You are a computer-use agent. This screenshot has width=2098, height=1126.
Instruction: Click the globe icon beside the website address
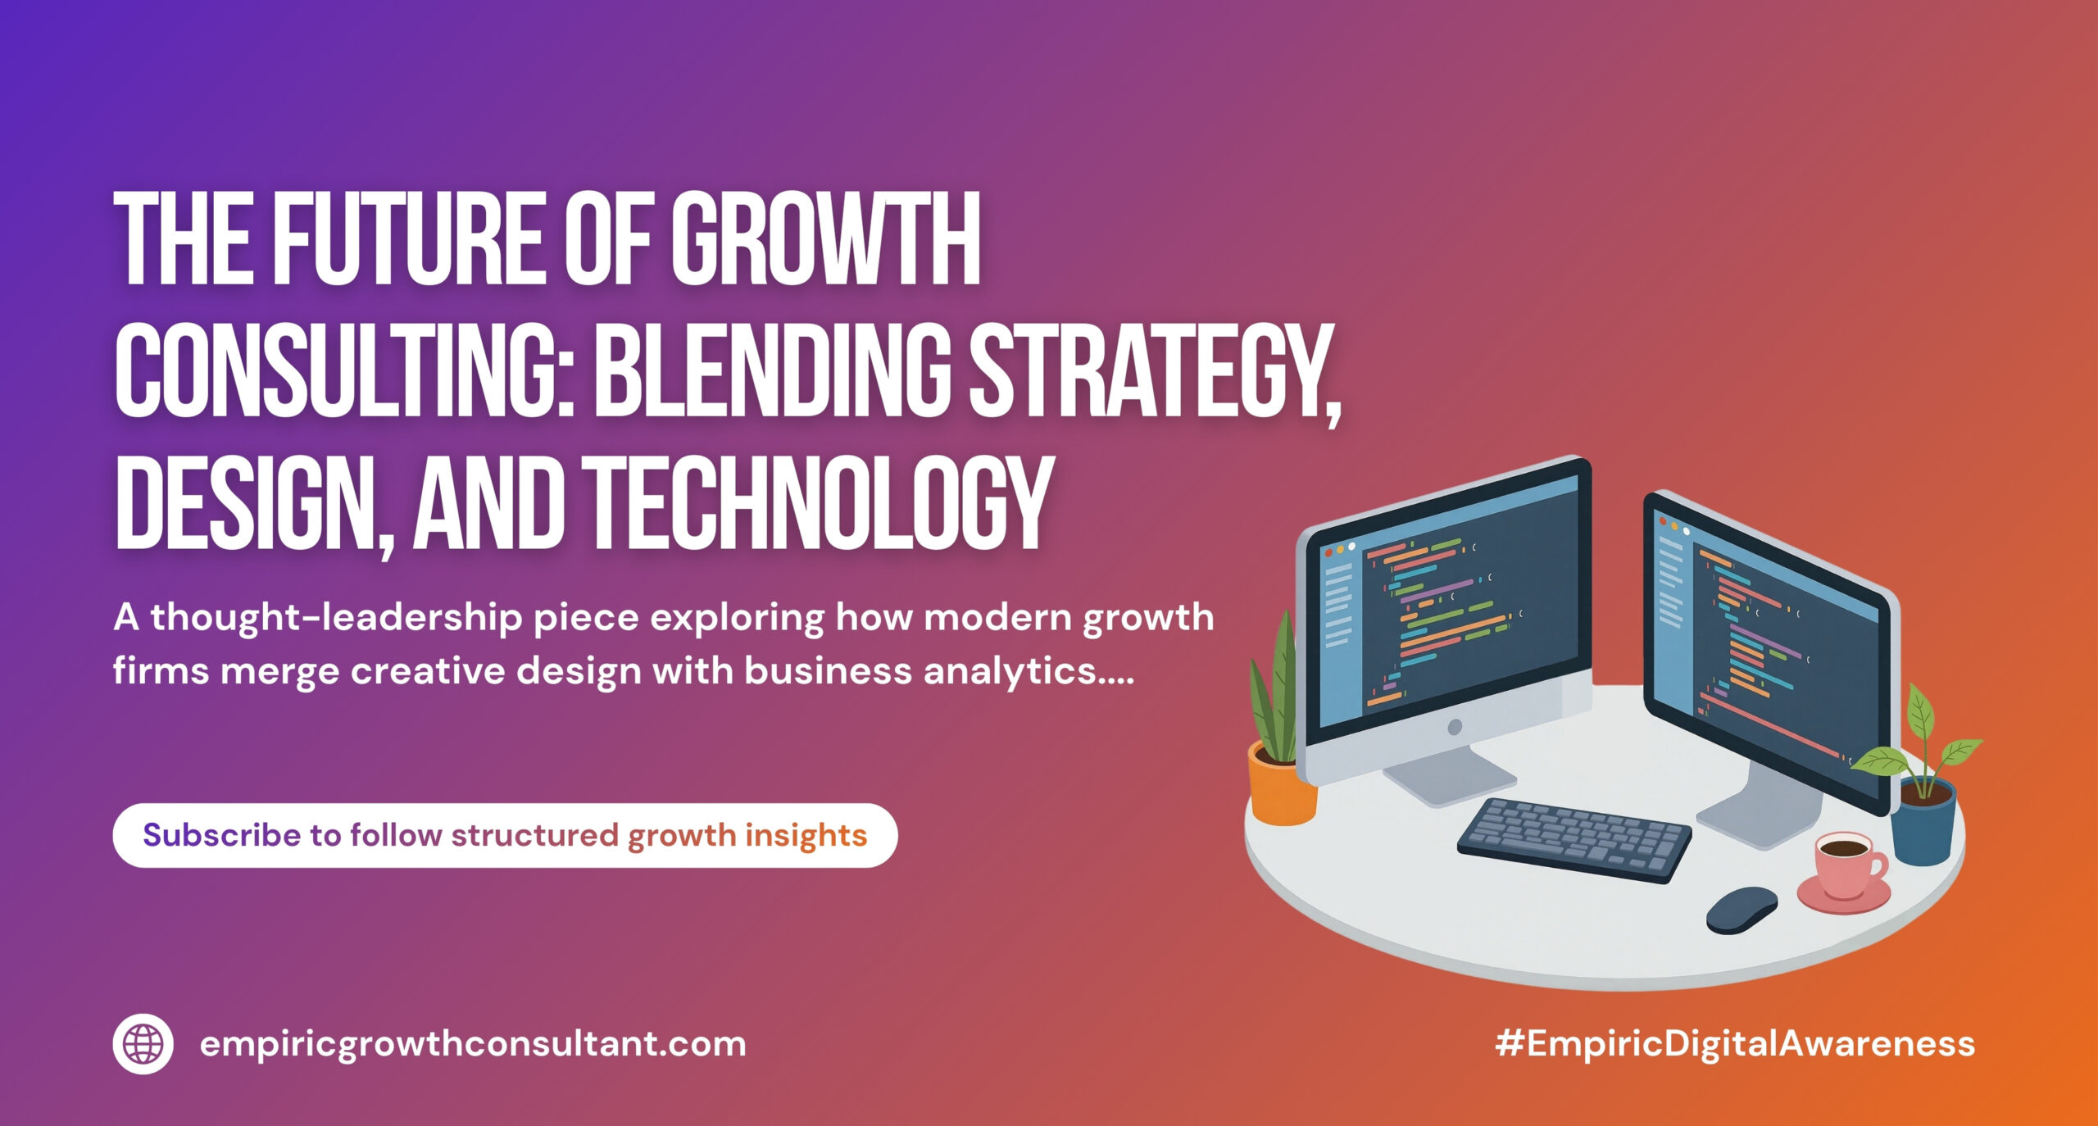click(x=143, y=1043)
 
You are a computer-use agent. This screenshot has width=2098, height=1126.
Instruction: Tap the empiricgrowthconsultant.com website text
click(x=473, y=1045)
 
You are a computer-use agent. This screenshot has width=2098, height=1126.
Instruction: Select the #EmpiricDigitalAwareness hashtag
click(x=1735, y=1043)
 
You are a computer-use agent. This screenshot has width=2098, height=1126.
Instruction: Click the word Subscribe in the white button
click(x=222, y=835)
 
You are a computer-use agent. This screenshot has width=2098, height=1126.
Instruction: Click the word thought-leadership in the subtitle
click(x=336, y=618)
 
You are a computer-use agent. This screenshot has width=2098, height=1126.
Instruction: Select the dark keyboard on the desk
click(x=1574, y=839)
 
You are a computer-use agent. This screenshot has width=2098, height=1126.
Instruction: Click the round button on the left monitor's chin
click(x=1455, y=727)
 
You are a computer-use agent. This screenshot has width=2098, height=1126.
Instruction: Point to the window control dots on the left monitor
click(x=1340, y=550)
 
